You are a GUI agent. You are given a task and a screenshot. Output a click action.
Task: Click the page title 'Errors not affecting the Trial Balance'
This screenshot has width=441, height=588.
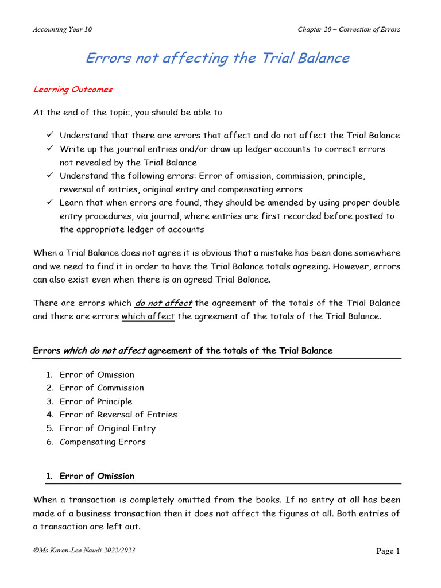(217, 58)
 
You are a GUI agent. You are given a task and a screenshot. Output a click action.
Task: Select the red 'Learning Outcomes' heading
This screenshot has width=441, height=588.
(73, 90)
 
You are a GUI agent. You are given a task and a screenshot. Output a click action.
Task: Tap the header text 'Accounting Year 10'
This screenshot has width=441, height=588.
(62, 30)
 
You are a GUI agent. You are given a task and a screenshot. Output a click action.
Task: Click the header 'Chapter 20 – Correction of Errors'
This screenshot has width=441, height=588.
(349, 30)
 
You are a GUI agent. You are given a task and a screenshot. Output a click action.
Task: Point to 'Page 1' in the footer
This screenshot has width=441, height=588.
(388, 551)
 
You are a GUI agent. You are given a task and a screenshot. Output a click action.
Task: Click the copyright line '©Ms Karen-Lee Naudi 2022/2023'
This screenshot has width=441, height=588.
(85, 551)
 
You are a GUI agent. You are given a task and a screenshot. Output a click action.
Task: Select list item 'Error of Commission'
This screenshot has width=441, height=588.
(102, 388)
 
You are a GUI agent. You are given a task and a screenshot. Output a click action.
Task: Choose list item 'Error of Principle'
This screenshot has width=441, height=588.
(96, 401)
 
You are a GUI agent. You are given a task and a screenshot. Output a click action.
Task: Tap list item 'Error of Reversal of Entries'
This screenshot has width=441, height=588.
(118, 415)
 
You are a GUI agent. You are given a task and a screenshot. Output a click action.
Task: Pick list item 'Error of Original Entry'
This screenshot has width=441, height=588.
(107, 428)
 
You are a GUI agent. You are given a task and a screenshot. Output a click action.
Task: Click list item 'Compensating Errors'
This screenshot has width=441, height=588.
(103, 442)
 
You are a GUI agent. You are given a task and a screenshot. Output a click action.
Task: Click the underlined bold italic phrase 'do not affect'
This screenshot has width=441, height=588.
(164, 303)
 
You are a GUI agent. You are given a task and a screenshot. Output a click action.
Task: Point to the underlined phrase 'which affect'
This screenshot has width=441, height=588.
(148, 316)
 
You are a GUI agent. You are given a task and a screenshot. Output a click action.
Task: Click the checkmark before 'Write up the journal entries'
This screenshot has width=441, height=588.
(50, 149)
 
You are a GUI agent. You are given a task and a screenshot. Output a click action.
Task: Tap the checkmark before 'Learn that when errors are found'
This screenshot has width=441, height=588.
(50, 203)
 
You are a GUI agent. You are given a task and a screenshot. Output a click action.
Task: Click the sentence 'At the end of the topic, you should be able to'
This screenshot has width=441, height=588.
(127, 112)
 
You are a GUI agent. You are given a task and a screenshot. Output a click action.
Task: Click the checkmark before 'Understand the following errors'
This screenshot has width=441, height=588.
(50, 176)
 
